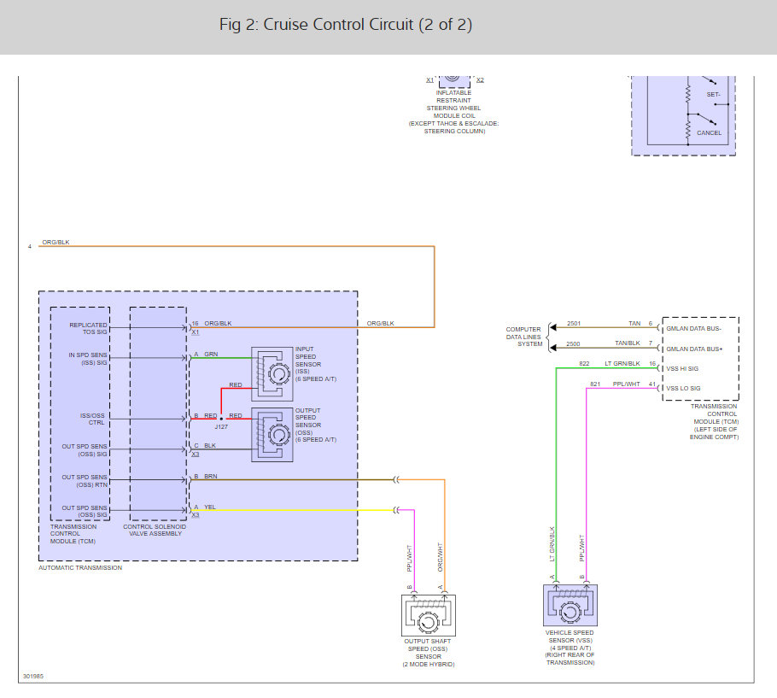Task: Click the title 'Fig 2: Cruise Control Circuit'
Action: [x=346, y=25]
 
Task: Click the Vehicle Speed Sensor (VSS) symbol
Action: [x=570, y=606]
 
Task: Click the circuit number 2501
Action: [x=574, y=324]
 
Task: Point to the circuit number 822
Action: [x=585, y=364]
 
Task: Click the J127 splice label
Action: [x=221, y=425]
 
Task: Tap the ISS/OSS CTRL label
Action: [x=91, y=419]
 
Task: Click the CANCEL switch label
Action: [x=709, y=133]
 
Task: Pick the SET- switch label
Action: [x=714, y=94]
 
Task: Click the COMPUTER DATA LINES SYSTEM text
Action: [x=523, y=337]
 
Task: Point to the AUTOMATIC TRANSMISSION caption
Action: [x=80, y=568]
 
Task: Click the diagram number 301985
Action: [x=33, y=677]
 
